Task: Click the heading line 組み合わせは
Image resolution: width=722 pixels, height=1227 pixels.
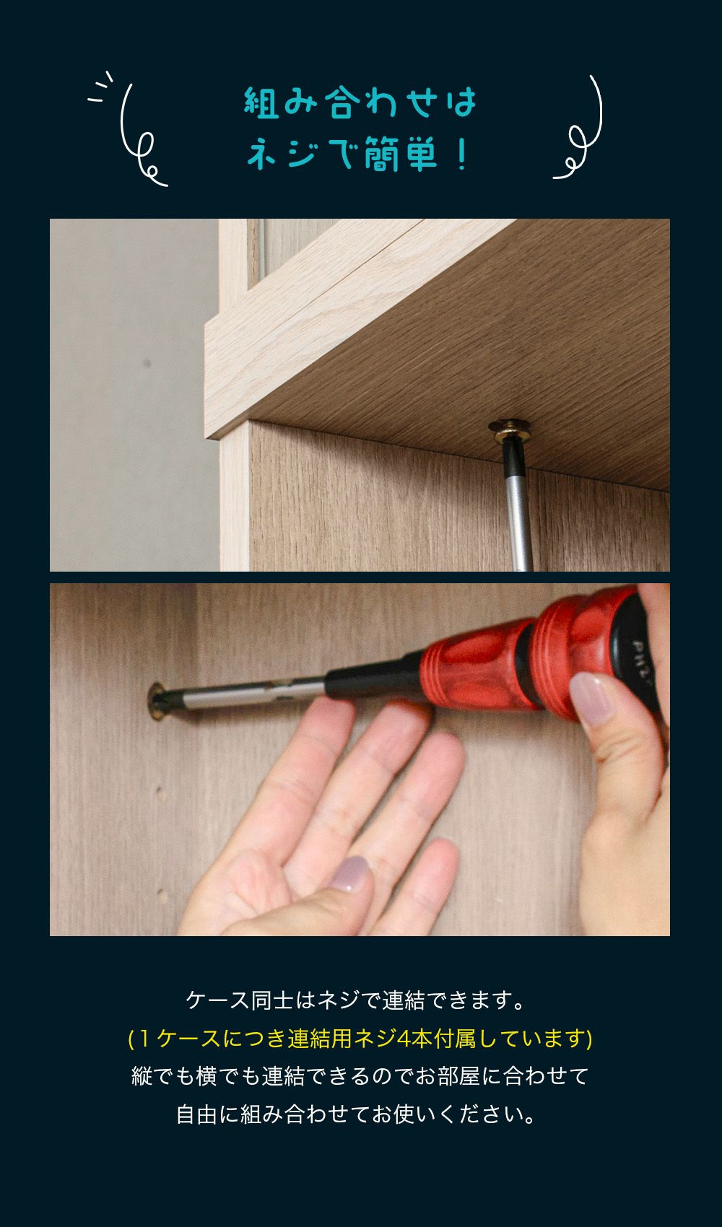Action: (x=360, y=102)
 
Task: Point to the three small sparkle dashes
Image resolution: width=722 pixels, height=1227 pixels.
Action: (x=100, y=87)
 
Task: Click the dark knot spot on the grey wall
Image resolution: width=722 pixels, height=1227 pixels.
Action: (x=147, y=362)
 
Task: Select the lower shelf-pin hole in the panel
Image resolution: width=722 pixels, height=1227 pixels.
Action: (x=162, y=896)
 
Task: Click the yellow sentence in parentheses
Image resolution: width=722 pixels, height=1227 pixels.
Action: (x=360, y=1038)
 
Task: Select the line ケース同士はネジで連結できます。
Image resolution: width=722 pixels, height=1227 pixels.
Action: (x=356, y=1000)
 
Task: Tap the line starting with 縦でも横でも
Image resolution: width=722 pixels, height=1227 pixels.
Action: (x=360, y=1076)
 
